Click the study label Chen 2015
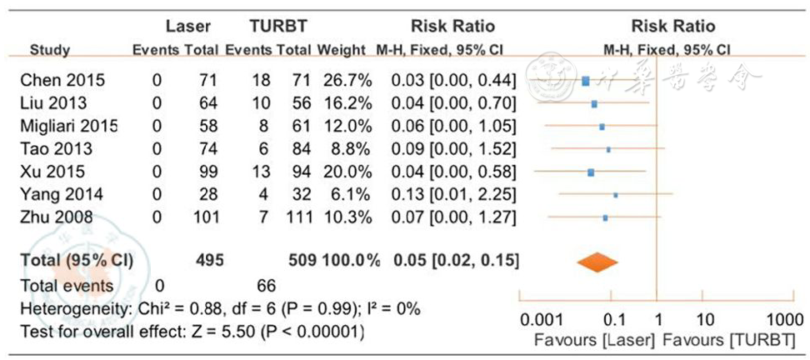pos(62,81)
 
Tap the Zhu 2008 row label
pos(57,219)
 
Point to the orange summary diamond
pos(598,262)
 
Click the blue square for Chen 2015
pos(585,81)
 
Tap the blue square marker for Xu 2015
pos(591,172)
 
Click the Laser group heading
pos(182,26)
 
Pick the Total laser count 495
pos(207,261)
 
